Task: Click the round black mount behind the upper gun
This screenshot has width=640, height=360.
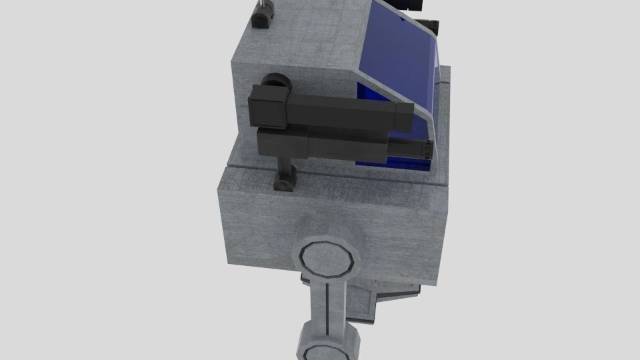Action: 277,83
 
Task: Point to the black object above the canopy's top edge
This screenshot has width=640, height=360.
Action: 414,5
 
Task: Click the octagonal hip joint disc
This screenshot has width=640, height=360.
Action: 327,257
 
